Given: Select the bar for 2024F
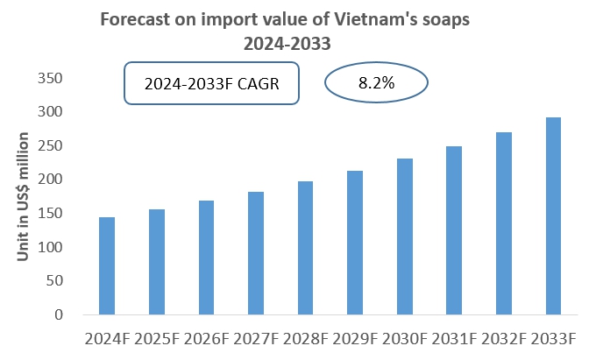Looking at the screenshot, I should pyautogui.click(x=107, y=265).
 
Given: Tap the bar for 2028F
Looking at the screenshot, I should pyautogui.click(x=306, y=248).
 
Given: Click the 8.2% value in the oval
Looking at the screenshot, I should pyautogui.click(x=376, y=84).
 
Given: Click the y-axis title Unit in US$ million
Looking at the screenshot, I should pyautogui.click(x=25, y=197).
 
